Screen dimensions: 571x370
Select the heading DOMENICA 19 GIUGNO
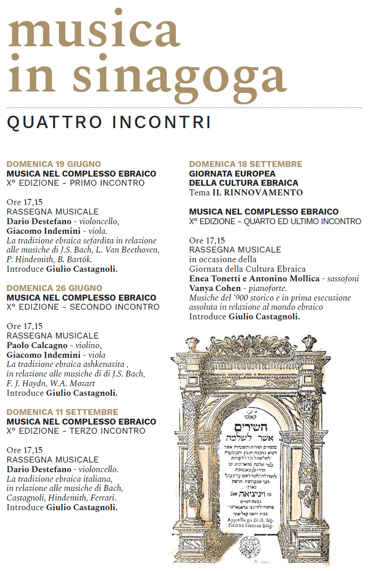[54, 164]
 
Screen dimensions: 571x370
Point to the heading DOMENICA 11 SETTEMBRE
[62, 412]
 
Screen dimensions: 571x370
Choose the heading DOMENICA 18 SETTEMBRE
[246, 164]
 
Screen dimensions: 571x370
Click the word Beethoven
[139, 250]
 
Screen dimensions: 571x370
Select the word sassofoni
[343, 279]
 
